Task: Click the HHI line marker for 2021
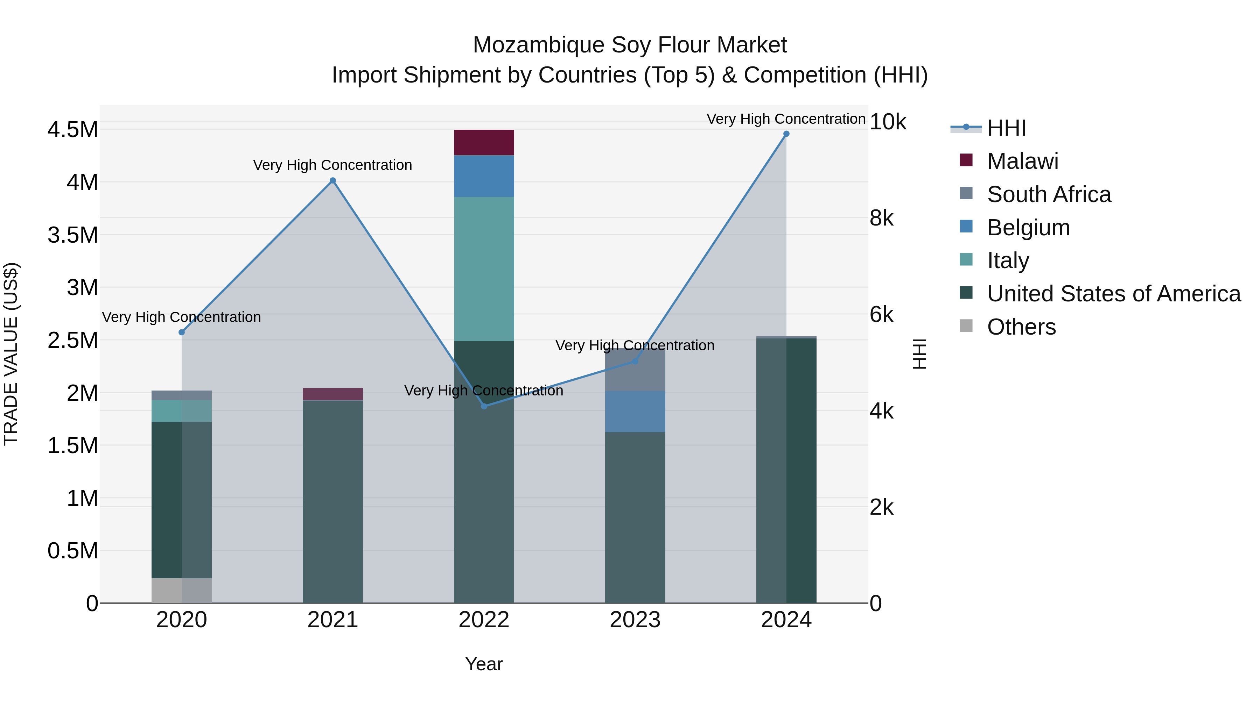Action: [x=332, y=180]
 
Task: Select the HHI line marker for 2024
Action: [x=786, y=134]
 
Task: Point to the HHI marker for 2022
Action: [x=484, y=406]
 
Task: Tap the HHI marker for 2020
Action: [x=181, y=332]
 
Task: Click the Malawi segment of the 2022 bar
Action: [x=484, y=142]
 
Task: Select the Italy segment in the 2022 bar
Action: [x=484, y=269]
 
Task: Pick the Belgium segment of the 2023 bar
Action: [x=635, y=412]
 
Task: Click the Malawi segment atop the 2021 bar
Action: [x=332, y=394]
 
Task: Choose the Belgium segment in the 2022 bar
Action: [x=484, y=176]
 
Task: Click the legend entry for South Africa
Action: [x=1049, y=194]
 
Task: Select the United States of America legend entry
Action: [x=1113, y=294]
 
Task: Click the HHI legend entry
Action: [x=1006, y=128]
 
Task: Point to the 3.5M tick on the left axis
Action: [x=72, y=235]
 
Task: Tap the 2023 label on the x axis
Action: [x=635, y=620]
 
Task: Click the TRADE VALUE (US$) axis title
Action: [x=11, y=354]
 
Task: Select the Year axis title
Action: [x=484, y=664]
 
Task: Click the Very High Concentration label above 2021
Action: [x=332, y=165]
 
